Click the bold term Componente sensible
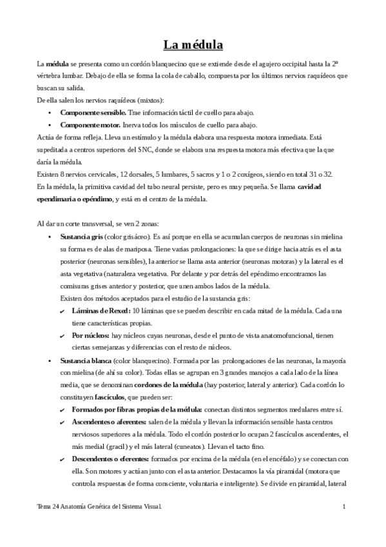pyautogui.click(x=89, y=112)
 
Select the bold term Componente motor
pyautogui.click(x=86, y=124)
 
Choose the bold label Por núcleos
pyautogui.click(x=91, y=335)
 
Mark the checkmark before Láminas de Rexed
pyautogui.click(x=62, y=311)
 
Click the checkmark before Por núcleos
pyautogui.click(x=62, y=335)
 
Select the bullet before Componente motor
pyautogui.click(x=51, y=124)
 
